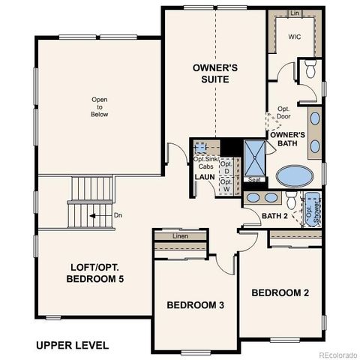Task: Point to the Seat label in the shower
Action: [254, 179]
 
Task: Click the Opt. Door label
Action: [283, 112]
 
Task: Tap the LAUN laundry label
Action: [205, 177]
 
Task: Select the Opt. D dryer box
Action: [226, 166]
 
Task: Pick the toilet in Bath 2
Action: [291, 199]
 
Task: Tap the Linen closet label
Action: [180, 236]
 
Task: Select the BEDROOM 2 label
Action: [280, 292]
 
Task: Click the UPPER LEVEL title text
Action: [72, 345]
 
